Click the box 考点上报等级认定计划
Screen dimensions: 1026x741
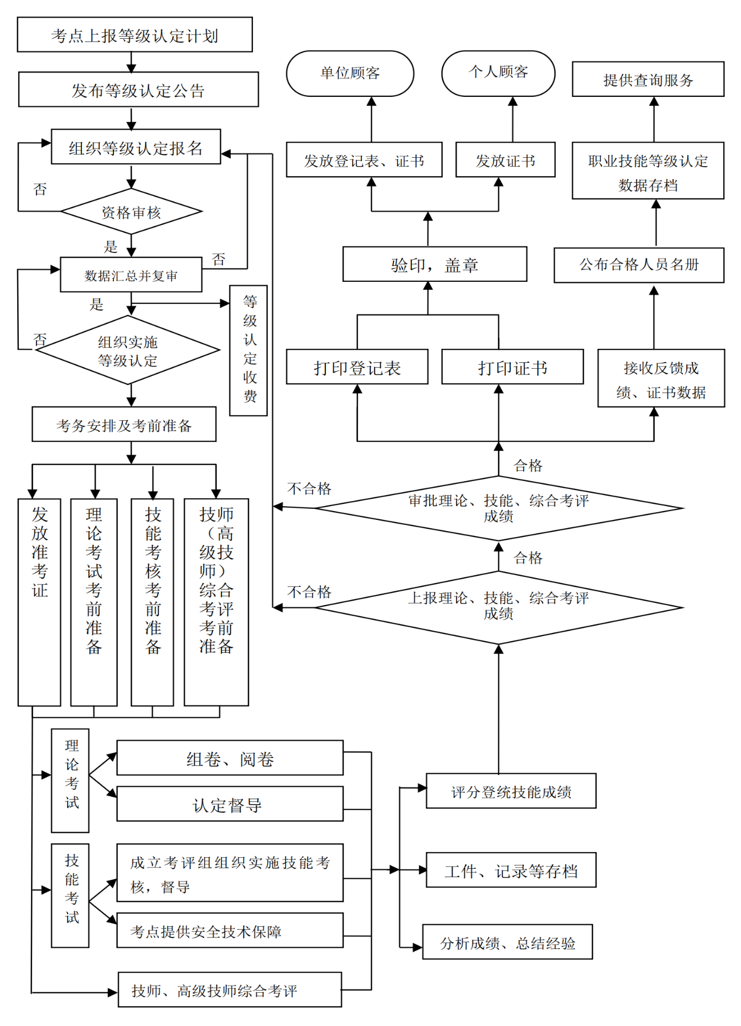point(134,35)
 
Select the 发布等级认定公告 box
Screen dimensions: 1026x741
point(138,90)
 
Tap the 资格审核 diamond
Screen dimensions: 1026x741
point(131,212)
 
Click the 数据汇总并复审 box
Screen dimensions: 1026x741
point(131,275)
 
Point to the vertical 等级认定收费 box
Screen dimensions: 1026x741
point(249,350)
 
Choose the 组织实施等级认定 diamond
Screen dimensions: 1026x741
point(128,351)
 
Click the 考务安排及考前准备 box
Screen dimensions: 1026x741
point(124,425)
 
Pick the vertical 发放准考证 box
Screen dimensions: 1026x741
point(39,602)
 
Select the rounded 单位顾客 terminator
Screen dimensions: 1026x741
point(350,73)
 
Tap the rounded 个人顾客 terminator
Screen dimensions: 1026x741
point(498,73)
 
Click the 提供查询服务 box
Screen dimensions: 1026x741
point(648,80)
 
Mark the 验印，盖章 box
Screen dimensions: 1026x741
point(434,265)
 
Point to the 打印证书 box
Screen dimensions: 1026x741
point(512,367)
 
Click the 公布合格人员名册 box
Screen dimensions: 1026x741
point(639,265)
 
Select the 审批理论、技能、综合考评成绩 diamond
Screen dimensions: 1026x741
point(498,508)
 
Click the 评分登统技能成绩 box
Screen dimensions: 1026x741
point(511,791)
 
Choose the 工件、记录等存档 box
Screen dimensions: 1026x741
point(511,870)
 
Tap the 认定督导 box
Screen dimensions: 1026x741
point(230,804)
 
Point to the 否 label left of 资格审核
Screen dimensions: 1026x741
point(40,189)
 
